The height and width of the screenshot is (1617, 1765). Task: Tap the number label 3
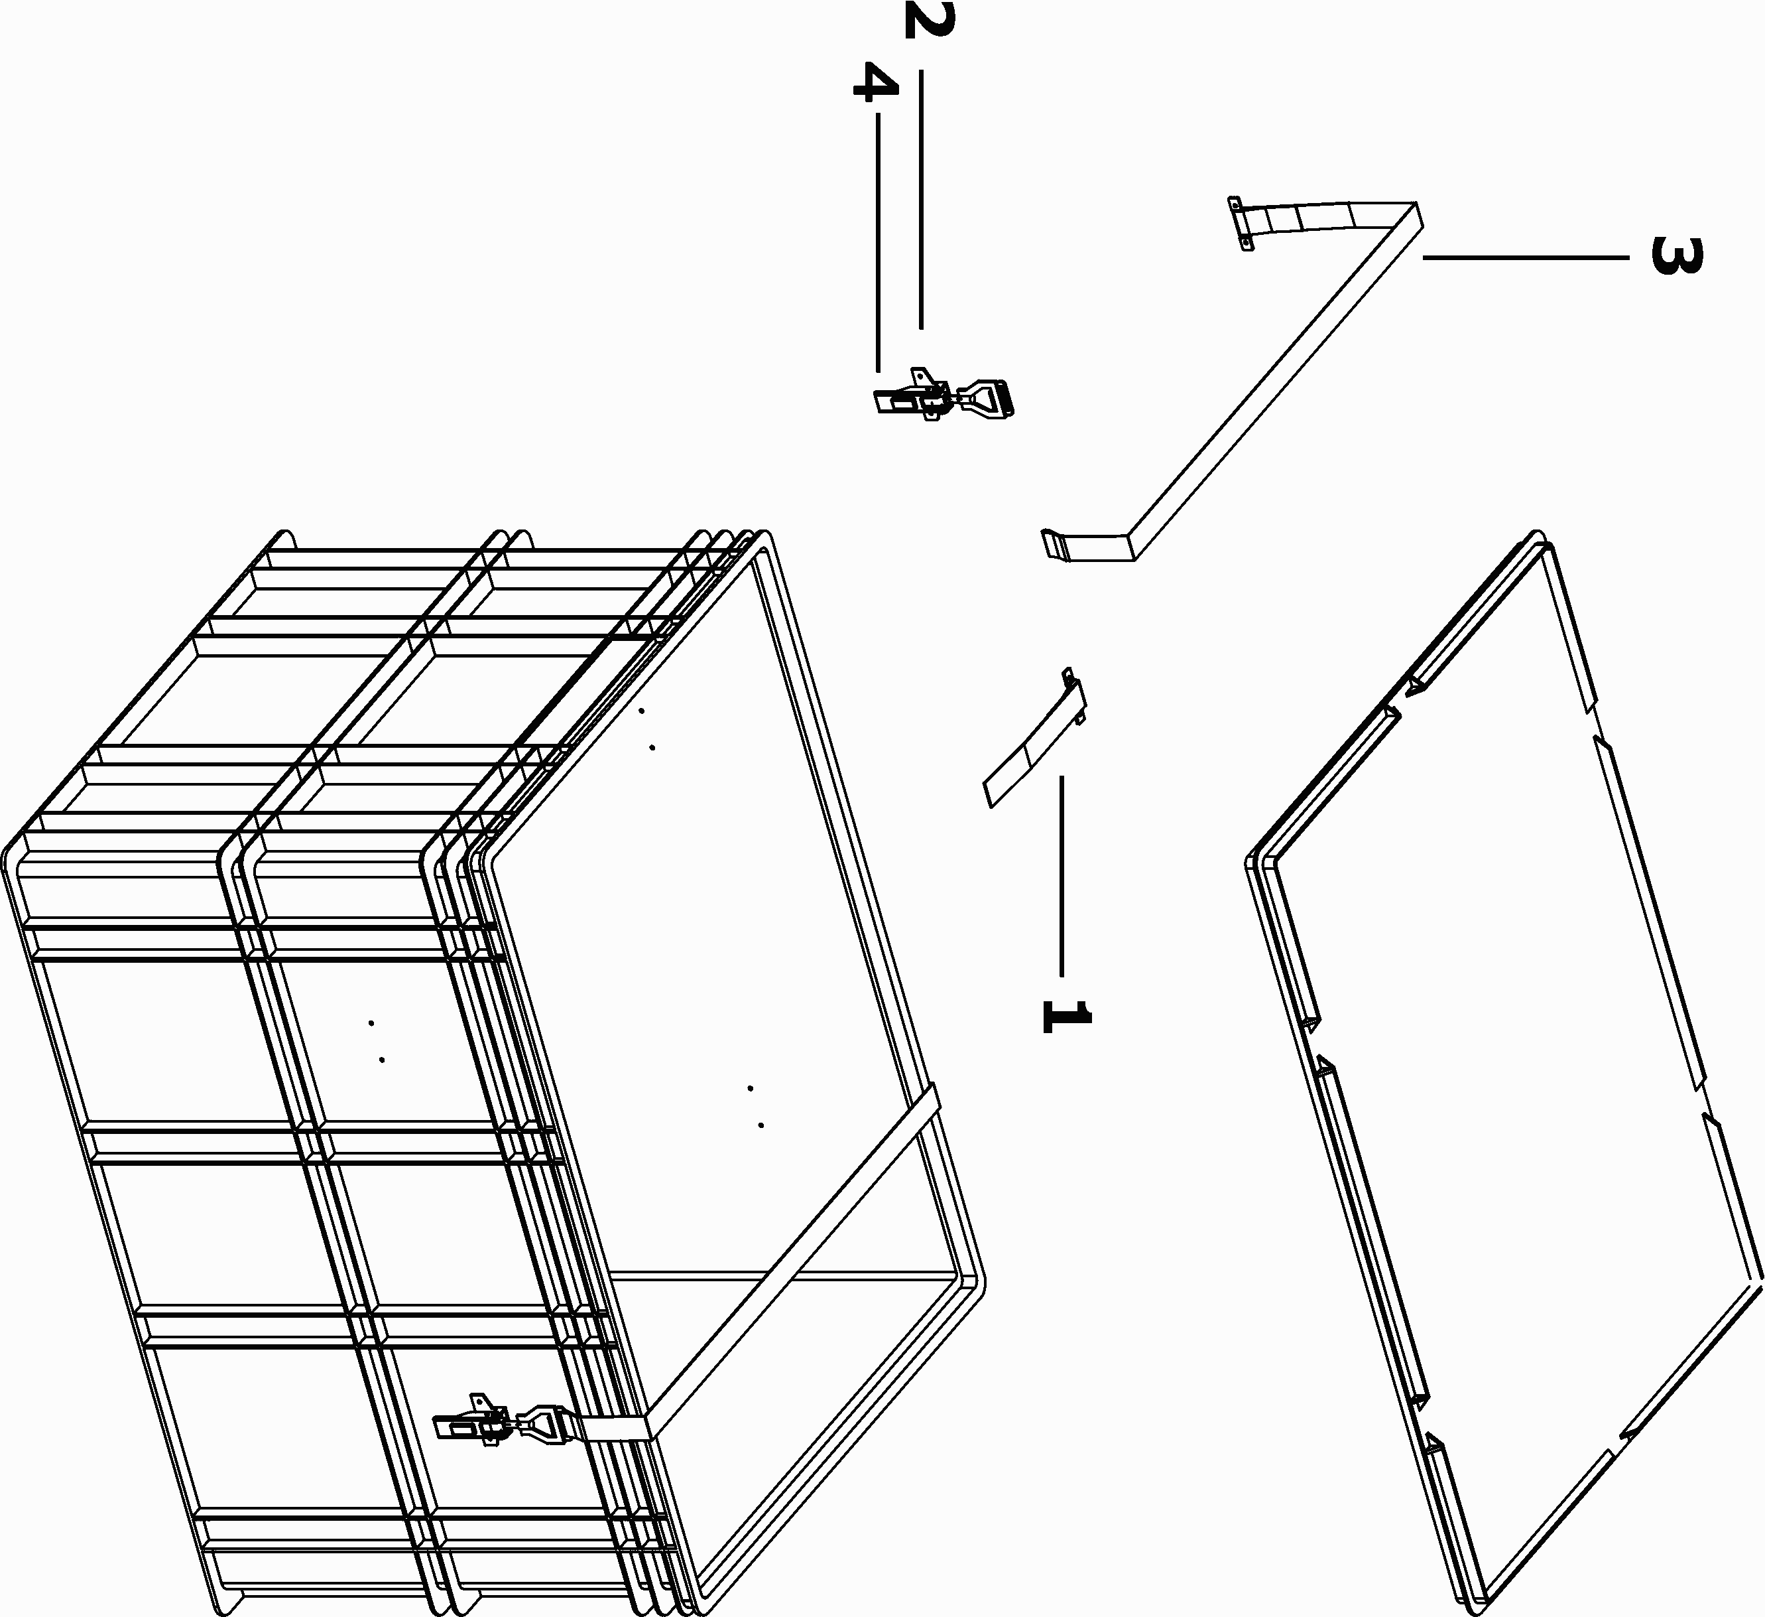click(x=1675, y=255)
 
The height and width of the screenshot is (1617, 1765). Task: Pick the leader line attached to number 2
click(x=921, y=200)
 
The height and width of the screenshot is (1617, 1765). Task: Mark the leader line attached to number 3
click(x=1525, y=257)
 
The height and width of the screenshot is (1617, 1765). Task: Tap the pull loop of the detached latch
click(x=989, y=397)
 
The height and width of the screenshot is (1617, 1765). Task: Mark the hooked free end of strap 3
click(x=1055, y=544)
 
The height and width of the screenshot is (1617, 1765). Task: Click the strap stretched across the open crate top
click(x=792, y=1263)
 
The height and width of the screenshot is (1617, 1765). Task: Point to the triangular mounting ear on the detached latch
click(x=921, y=376)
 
